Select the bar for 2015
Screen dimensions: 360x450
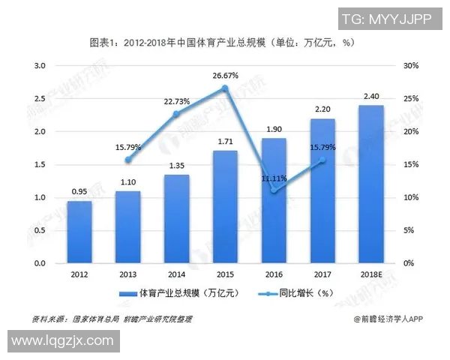225,207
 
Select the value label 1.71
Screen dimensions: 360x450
225,141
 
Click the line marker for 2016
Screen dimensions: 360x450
275,190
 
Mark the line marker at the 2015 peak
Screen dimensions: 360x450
225,88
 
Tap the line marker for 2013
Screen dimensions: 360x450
128,160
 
